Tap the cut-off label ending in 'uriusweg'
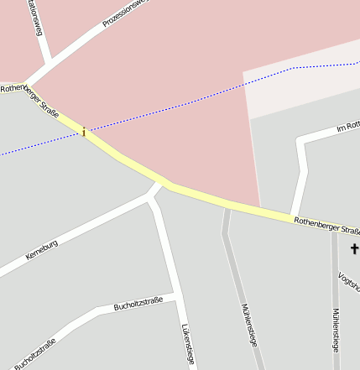[34, 18]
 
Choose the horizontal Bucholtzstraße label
[138, 304]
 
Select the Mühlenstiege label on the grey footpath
[249, 324]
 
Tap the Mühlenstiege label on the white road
[335, 330]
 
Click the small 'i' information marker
[83, 131]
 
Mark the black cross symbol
[355, 249]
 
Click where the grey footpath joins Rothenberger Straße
[227, 207]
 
